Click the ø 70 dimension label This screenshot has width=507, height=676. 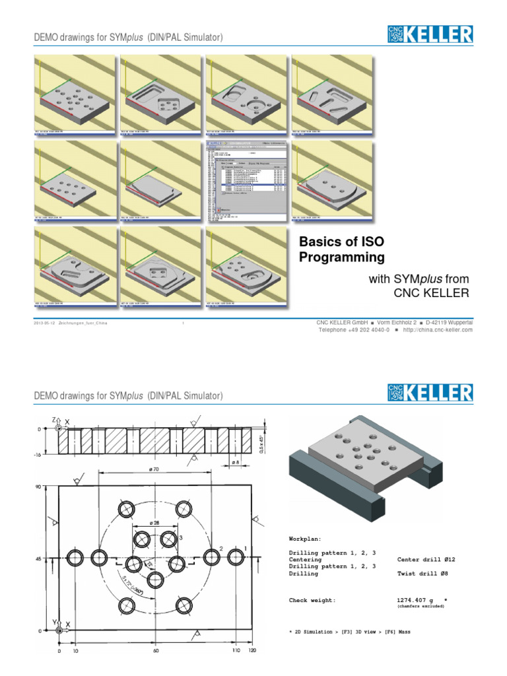(x=155, y=468)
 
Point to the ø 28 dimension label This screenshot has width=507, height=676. (x=155, y=523)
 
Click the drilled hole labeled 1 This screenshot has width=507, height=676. (x=236, y=558)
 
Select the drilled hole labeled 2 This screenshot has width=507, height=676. (x=211, y=558)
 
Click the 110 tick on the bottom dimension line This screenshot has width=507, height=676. (x=236, y=650)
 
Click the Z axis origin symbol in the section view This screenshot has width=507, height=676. (x=59, y=428)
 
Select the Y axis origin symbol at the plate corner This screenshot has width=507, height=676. (x=59, y=630)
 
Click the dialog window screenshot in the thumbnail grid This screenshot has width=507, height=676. (x=246, y=180)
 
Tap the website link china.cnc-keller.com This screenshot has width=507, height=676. (x=438, y=329)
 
